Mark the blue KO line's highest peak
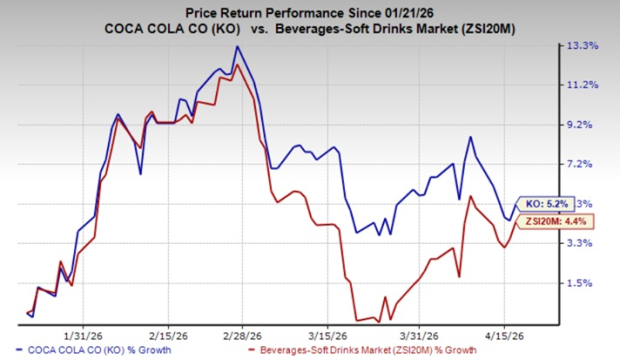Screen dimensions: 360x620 (236, 46)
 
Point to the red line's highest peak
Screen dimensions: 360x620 (236, 66)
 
